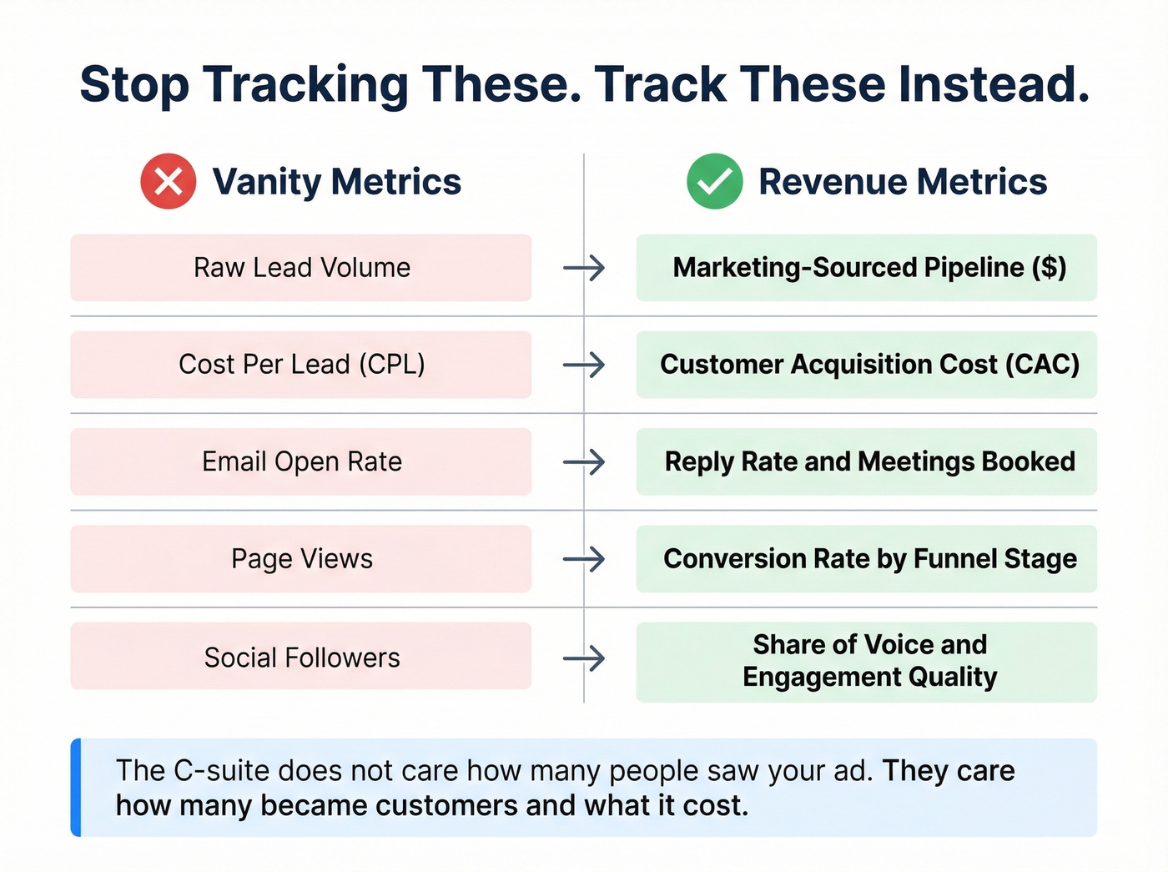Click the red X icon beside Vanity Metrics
[x=169, y=181]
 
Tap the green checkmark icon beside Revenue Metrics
[x=715, y=181]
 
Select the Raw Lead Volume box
[x=301, y=268]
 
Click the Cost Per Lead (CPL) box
[x=301, y=365]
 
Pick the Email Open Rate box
[x=301, y=461]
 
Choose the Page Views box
[x=301, y=558]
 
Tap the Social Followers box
[x=301, y=657]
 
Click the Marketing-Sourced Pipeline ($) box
[x=867, y=268]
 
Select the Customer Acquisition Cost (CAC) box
[x=867, y=365]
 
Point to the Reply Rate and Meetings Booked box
[x=867, y=461]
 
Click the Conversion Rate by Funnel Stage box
[x=867, y=558]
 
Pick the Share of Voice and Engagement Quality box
[x=867, y=661]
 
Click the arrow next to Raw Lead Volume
[x=584, y=268]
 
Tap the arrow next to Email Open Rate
[x=584, y=461]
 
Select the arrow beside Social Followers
[x=584, y=658]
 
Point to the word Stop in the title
[x=134, y=86]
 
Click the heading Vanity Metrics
[x=336, y=182]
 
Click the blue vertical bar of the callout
[x=76, y=787]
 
